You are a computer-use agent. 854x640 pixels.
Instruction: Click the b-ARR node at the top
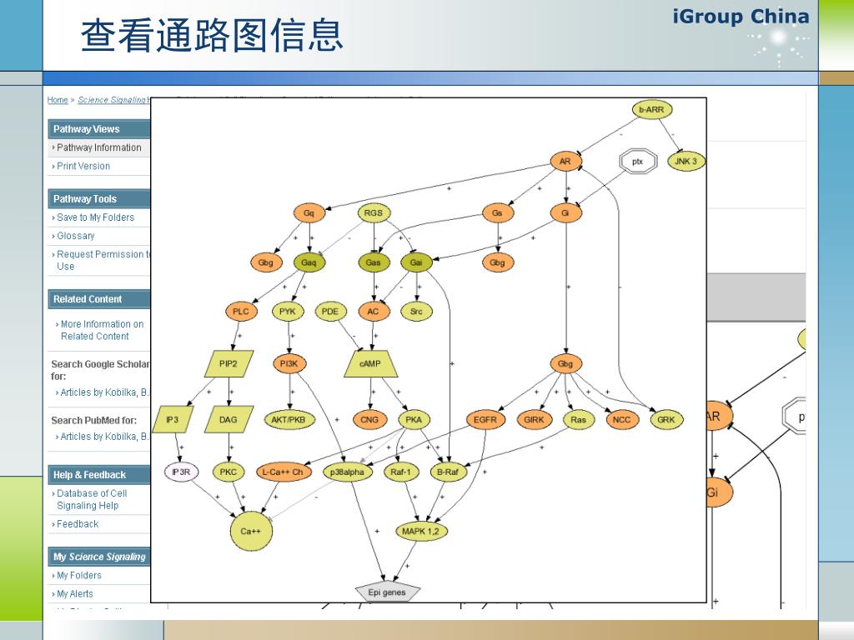pyautogui.click(x=651, y=109)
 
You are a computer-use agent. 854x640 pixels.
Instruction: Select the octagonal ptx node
pyautogui.click(x=638, y=161)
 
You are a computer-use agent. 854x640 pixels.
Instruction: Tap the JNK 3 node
pyautogui.click(x=686, y=161)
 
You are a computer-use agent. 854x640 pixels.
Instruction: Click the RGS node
pyautogui.click(x=374, y=212)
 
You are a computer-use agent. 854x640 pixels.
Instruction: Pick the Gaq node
pyautogui.click(x=309, y=262)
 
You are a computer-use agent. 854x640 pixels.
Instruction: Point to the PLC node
pyautogui.click(x=240, y=312)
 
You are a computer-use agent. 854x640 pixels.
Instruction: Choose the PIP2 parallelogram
pyautogui.click(x=229, y=363)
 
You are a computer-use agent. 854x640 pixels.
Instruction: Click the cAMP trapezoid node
pyautogui.click(x=370, y=363)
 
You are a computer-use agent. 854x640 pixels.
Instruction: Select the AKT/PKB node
pyautogui.click(x=289, y=420)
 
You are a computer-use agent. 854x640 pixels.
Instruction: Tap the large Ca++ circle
pyautogui.click(x=252, y=531)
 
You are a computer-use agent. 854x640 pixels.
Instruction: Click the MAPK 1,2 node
pyautogui.click(x=422, y=531)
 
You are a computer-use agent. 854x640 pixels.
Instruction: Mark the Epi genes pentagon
pyautogui.click(x=387, y=592)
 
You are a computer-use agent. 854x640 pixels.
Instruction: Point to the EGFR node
pyautogui.click(x=485, y=420)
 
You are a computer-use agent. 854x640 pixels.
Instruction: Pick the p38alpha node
pyautogui.click(x=347, y=472)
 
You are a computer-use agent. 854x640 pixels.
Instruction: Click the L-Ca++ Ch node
pyautogui.click(x=284, y=472)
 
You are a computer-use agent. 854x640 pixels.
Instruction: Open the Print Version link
pyautogui.click(x=83, y=166)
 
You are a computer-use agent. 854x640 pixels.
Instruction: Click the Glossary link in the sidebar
pyautogui.click(x=76, y=236)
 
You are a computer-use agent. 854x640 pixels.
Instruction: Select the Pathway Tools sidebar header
pyautogui.click(x=85, y=198)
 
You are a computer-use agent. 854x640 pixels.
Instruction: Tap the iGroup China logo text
pyautogui.click(x=741, y=17)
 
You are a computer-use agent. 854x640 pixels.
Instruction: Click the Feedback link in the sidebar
pyautogui.click(x=78, y=524)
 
